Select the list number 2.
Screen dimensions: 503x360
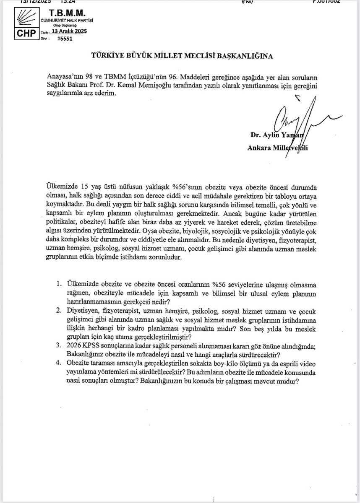point(59,311)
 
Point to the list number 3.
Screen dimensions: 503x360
point(59,345)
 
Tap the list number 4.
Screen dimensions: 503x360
point(59,363)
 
